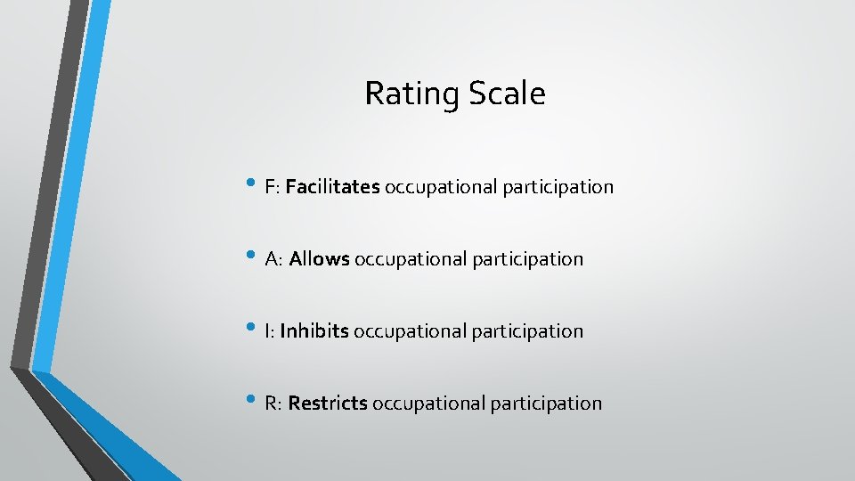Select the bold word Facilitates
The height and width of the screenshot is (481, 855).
(333, 187)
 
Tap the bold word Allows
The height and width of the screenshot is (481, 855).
(319, 259)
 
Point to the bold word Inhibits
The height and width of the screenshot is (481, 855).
(313, 331)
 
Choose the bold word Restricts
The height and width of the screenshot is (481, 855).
(328, 404)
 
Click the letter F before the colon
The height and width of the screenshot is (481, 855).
(270, 188)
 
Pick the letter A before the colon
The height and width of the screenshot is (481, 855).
(271, 260)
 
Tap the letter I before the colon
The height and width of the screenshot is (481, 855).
(267, 332)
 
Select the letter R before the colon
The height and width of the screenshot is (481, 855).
(271, 404)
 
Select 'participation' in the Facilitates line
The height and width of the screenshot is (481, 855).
(558, 188)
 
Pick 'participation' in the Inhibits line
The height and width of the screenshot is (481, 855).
(527, 332)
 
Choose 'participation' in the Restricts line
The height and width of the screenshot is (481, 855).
(546, 404)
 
